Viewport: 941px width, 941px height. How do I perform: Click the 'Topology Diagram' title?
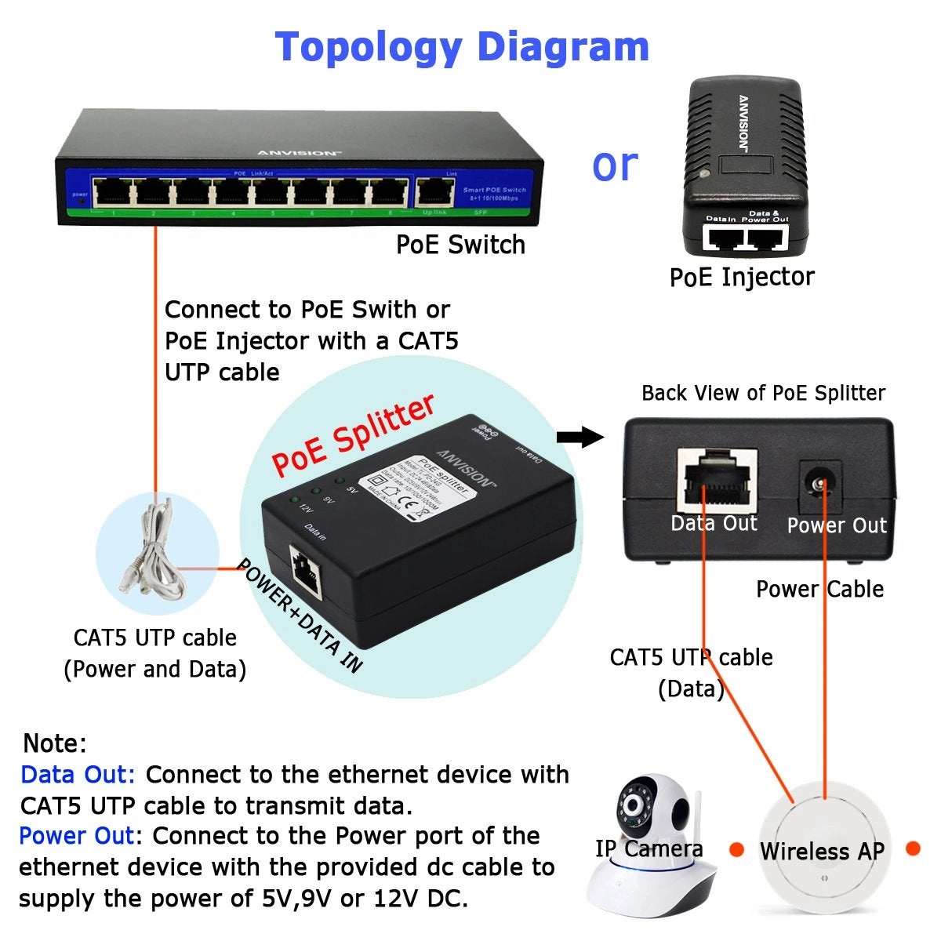(462, 47)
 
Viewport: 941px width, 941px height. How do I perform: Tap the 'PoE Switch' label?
(460, 245)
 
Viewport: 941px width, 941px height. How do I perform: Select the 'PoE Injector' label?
(741, 277)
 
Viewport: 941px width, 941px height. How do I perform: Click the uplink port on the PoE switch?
(434, 191)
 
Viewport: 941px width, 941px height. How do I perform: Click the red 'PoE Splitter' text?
(353, 434)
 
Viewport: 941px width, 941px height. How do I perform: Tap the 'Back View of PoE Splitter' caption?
(763, 393)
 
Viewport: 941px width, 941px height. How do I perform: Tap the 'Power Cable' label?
(819, 589)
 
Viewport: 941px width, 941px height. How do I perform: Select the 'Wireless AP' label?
(822, 851)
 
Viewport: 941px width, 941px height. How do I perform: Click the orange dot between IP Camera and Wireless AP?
(736, 849)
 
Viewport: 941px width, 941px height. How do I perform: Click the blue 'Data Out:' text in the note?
(78, 775)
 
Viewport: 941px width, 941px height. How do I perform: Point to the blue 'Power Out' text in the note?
(77, 836)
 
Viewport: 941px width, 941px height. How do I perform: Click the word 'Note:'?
(54, 743)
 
